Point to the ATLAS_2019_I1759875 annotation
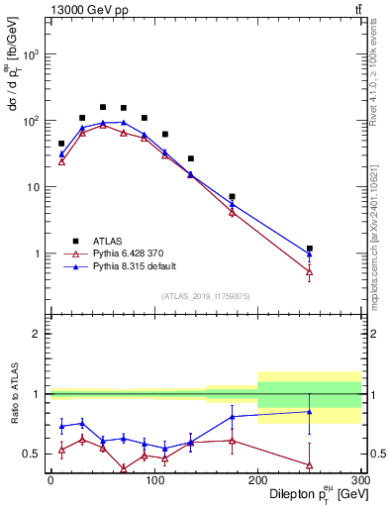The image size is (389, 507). point(205,295)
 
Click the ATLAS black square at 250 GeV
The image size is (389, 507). point(310,249)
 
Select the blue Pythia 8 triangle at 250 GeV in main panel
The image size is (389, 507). point(310,253)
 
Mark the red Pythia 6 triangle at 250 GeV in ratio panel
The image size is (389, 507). point(310,464)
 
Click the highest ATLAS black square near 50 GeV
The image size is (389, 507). point(103,107)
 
